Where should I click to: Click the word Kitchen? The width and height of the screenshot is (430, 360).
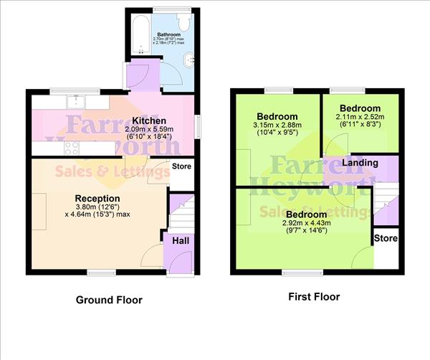[x=150, y=120]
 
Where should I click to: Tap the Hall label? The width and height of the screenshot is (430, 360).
[x=180, y=240]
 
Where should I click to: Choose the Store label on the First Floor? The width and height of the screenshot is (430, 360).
[x=386, y=238]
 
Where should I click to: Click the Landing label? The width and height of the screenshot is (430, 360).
[x=360, y=163]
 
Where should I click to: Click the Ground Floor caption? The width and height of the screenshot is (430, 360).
[x=109, y=300]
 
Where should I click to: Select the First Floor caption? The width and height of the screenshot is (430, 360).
[x=314, y=296]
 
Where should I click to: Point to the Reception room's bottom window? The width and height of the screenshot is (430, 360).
[x=97, y=272]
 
